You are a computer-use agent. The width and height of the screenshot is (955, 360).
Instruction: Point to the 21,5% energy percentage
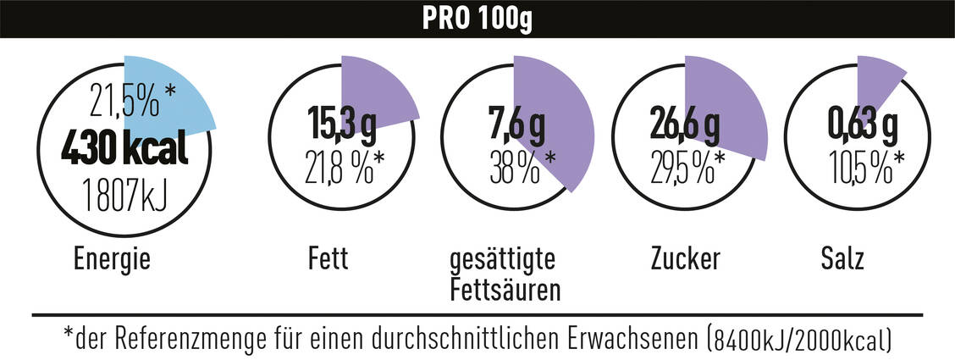pos(127,102)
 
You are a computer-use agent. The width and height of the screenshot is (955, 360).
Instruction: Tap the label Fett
pos(328,259)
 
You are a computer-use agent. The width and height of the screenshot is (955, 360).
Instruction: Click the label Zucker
pos(686,259)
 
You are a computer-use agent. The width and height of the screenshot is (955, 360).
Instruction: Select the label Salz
pos(842,259)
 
